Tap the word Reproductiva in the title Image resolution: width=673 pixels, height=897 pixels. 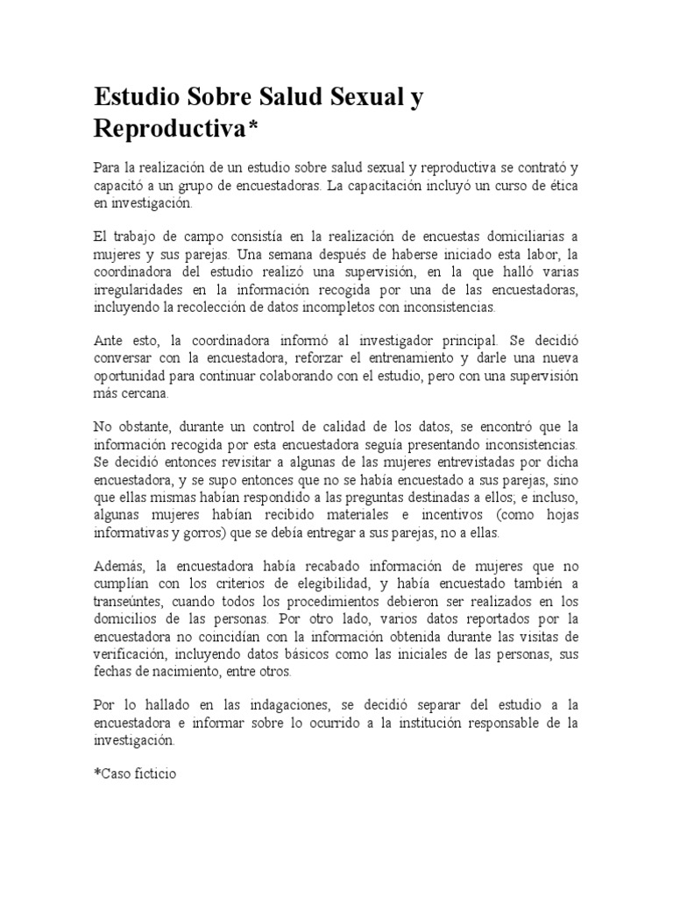(x=171, y=129)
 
